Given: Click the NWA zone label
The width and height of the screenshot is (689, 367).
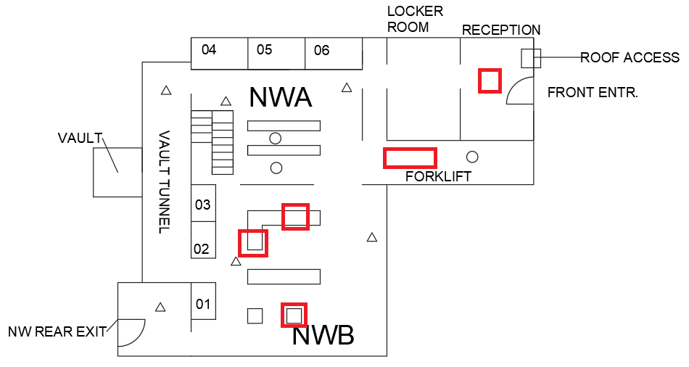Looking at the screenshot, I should pyautogui.click(x=280, y=97).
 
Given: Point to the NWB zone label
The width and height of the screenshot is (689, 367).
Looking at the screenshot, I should pyautogui.click(x=323, y=336).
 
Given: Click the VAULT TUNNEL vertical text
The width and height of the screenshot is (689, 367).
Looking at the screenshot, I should pyautogui.click(x=164, y=182).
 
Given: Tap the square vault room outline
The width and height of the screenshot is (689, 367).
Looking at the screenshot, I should pyautogui.click(x=117, y=172).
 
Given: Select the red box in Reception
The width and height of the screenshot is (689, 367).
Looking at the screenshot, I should pyautogui.click(x=490, y=80).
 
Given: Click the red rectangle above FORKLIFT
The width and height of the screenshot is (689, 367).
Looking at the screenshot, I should pyautogui.click(x=410, y=157).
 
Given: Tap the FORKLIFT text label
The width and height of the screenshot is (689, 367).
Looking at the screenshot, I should pyautogui.click(x=438, y=176).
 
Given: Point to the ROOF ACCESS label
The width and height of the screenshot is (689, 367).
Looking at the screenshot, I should pyautogui.click(x=630, y=57).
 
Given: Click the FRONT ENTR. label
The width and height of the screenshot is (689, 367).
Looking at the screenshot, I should pyautogui.click(x=593, y=93).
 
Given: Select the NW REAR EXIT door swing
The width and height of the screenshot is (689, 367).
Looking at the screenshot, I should pyautogui.click(x=131, y=332).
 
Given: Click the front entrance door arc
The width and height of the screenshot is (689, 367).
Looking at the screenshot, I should pyautogui.click(x=520, y=92).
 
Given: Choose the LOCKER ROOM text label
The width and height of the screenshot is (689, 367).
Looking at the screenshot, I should pyautogui.click(x=415, y=19).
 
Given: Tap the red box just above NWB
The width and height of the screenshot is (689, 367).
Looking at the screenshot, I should pyautogui.click(x=294, y=315).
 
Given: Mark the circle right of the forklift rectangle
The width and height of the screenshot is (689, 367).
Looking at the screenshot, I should pyautogui.click(x=472, y=157).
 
